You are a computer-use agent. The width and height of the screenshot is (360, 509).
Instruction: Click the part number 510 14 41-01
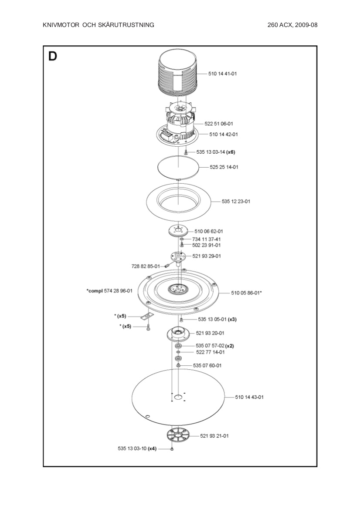pyautogui.click(x=222, y=74)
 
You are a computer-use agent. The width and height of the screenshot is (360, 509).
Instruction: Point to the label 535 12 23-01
pyautogui.click(x=236, y=202)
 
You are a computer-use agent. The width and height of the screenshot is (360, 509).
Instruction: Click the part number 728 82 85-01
pyautogui.click(x=146, y=265)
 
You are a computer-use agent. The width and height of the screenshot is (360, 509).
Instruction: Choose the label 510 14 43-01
pyautogui.click(x=249, y=397)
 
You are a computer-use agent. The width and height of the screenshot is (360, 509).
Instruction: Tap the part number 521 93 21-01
pyautogui.click(x=214, y=436)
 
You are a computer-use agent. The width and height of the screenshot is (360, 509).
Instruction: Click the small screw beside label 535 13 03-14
pyautogui.click(x=186, y=152)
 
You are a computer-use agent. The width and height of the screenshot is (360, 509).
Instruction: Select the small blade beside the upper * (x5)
pyautogui.click(x=147, y=316)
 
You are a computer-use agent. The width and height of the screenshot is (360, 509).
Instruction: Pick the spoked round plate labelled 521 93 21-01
pyautogui.click(x=179, y=435)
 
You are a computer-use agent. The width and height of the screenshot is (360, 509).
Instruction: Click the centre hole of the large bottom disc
pyautogui.click(x=178, y=397)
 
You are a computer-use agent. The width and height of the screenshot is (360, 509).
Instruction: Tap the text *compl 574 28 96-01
pyautogui.click(x=109, y=290)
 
